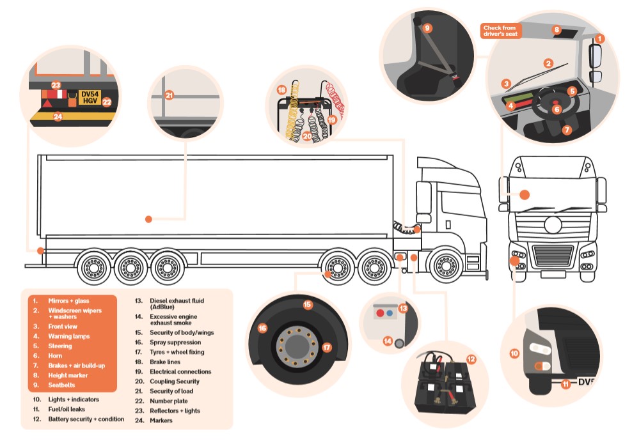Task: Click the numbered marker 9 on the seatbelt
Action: click(427, 27)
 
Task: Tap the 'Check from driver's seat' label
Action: click(501, 31)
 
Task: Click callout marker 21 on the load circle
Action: click(170, 95)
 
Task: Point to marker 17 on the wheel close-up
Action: click(326, 348)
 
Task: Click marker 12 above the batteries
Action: click(471, 359)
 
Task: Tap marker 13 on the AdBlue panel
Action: click(403, 308)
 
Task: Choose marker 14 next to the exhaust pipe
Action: click(388, 341)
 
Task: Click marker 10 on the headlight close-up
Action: click(514, 352)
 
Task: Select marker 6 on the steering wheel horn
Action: click(557, 109)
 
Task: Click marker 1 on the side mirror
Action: click(599, 38)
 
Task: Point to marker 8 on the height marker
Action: click(556, 30)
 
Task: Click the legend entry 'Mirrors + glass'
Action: click(68, 300)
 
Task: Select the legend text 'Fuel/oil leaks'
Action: click(67, 409)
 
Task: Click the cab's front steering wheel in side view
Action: click(447, 266)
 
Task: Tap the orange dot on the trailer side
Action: click(148, 219)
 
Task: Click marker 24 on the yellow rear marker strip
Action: click(58, 116)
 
